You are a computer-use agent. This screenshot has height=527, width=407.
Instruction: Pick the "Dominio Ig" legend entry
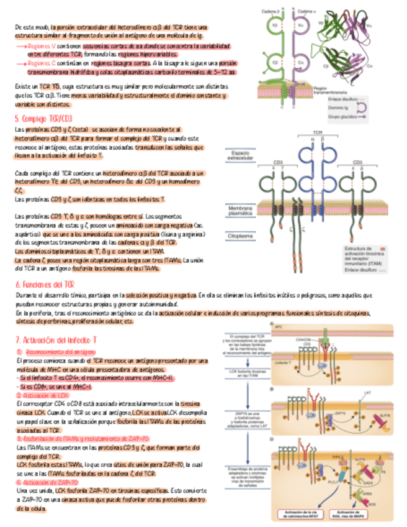[x=339, y=107]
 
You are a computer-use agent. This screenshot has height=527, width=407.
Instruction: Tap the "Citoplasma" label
[x=239, y=236]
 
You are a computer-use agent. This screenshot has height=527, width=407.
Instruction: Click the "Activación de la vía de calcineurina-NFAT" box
[x=295, y=514]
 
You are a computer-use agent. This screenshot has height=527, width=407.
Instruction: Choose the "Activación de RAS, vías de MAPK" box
[x=357, y=514]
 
